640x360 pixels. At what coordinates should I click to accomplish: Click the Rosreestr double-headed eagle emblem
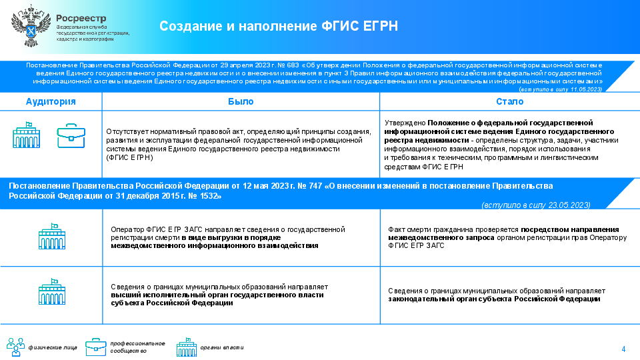click(x=31, y=26)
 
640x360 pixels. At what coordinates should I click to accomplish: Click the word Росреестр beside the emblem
click(x=81, y=19)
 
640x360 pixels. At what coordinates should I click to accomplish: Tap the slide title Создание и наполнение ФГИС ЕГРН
click(x=279, y=26)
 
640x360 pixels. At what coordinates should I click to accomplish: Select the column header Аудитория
click(x=51, y=101)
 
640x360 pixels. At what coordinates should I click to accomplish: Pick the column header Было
click(x=241, y=101)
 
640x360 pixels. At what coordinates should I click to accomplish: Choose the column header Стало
click(x=510, y=101)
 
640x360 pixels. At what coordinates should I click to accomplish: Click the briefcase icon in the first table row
click(x=71, y=135)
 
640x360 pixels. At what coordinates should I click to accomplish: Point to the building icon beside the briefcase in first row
click(x=27, y=135)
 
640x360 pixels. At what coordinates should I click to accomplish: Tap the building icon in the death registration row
click(x=52, y=236)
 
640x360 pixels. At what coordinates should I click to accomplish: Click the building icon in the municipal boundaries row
click(x=52, y=292)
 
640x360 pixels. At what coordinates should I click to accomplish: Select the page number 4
click(x=623, y=349)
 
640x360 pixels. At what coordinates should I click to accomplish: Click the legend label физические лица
click(x=53, y=348)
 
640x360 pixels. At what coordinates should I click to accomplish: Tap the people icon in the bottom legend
click(x=15, y=347)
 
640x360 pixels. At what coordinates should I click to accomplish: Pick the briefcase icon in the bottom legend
click(x=96, y=347)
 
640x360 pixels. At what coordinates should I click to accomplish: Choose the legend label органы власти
click(x=221, y=348)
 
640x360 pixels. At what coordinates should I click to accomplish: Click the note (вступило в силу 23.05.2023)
click(x=536, y=205)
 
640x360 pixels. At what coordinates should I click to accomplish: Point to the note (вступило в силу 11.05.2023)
click(x=561, y=89)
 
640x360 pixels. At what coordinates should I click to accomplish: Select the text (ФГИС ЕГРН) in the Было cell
click(x=130, y=157)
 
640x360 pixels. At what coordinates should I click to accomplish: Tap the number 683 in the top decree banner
click(x=293, y=65)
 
